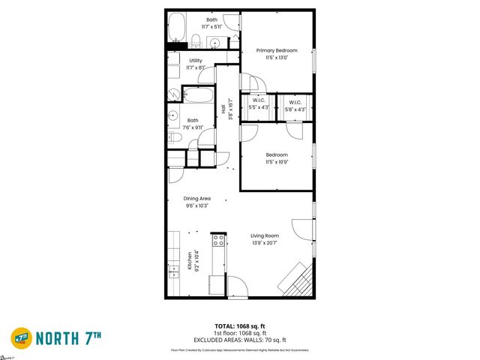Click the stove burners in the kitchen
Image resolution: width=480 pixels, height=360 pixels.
point(219,241)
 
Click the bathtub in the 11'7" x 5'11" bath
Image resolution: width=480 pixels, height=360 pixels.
point(177,27)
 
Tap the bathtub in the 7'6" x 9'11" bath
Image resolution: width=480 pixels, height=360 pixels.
point(198,95)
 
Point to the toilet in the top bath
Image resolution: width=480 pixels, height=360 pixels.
point(195,40)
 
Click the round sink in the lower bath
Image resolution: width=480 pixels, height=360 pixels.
point(172,116)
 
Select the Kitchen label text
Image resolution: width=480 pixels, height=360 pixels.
point(190,260)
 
